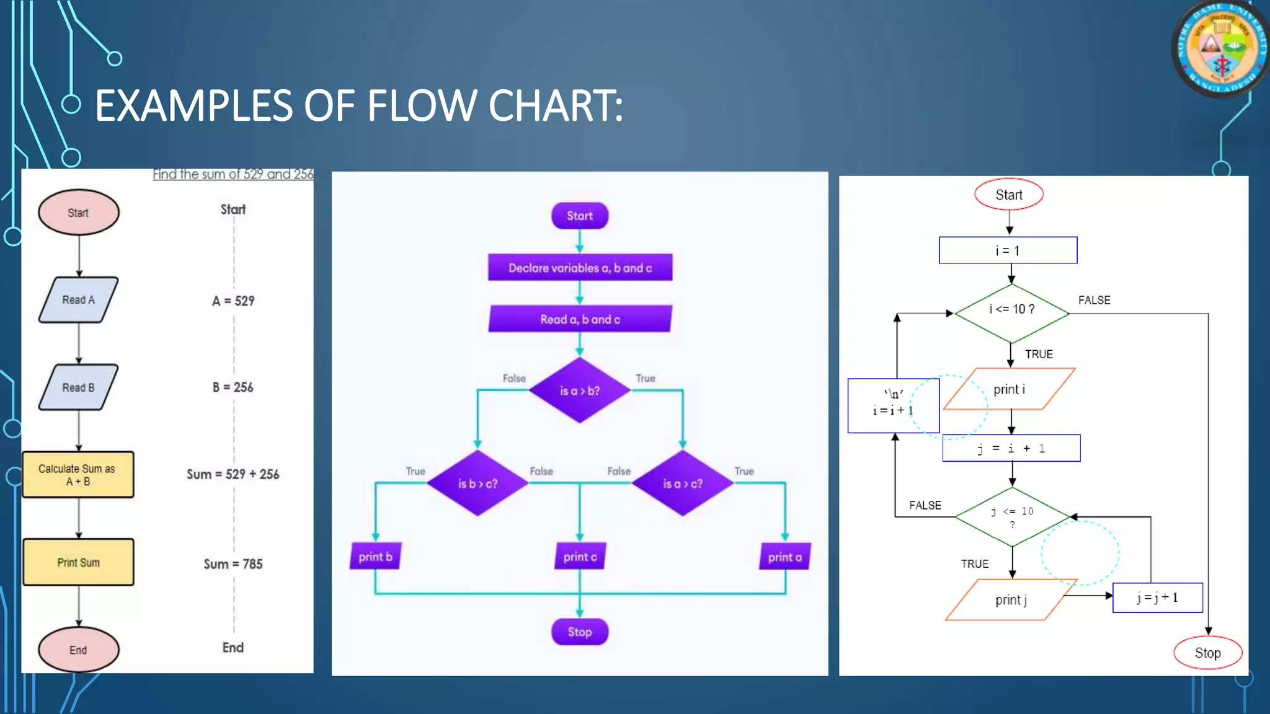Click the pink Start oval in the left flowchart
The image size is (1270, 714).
point(78,213)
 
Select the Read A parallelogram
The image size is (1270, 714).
point(78,300)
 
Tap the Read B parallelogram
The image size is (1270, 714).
point(78,387)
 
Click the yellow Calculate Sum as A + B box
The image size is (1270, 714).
point(78,475)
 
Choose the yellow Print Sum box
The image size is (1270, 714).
point(78,562)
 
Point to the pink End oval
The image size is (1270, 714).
point(78,650)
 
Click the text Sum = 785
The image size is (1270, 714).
point(233,564)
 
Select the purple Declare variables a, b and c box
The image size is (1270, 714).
point(580,268)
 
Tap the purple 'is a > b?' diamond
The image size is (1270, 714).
point(580,390)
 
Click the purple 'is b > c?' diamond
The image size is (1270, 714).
point(477,483)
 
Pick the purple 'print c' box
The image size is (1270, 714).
point(580,557)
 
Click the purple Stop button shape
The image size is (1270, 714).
point(580,632)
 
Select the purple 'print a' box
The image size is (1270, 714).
point(784,557)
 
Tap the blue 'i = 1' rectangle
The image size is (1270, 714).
point(1008,250)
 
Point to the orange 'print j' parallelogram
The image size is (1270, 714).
point(1011,600)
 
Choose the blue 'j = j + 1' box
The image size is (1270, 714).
point(1157,597)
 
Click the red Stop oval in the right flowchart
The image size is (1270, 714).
point(1207,653)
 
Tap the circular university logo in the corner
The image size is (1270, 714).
point(1220,48)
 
